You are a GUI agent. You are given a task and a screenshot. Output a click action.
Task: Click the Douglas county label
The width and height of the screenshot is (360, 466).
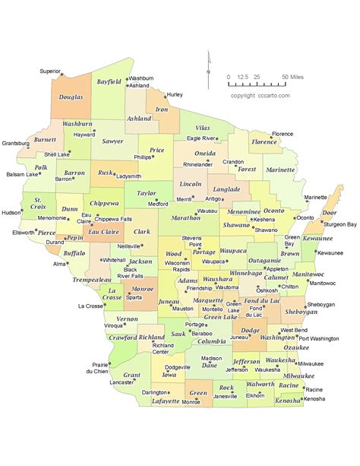click(71, 98)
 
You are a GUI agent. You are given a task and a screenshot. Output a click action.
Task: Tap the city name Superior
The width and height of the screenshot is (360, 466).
click(51, 71)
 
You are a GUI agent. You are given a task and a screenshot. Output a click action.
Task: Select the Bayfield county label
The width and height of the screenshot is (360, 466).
click(109, 81)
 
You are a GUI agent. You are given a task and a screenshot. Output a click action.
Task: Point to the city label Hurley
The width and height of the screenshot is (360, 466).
click(175, 94)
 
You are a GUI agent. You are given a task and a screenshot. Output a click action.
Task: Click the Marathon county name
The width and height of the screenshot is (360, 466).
click(185, 217)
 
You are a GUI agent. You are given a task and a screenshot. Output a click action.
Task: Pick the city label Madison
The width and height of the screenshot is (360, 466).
click(211, 358)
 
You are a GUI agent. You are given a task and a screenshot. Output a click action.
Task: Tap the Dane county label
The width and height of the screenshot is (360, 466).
click(210, 366)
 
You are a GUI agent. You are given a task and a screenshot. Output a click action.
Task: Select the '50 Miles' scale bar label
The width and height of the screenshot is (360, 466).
click(294, 78)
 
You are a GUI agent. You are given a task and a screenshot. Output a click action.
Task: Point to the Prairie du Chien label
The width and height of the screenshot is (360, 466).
click(96, 368)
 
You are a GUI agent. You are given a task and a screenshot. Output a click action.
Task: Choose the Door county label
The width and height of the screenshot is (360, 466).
click(330, 214)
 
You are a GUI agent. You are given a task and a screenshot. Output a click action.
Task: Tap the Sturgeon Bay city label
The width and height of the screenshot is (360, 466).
click(341, 225)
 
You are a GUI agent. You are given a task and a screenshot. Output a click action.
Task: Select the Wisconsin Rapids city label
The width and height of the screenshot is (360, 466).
click(176, 266)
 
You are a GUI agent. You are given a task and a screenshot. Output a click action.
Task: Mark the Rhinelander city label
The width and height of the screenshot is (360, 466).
click(197, 164)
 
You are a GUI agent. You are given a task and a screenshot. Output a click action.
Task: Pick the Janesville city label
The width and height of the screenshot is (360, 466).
click(225, 397)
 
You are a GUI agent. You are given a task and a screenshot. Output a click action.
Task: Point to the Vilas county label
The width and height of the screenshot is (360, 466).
click(203, 129)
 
